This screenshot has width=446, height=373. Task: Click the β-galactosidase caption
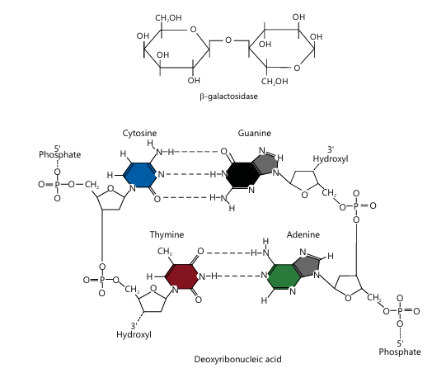[228, 97]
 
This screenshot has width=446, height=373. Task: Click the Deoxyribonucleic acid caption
[237, 359]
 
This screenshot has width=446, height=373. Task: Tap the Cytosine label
[139, 133]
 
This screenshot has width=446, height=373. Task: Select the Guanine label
[254, 133]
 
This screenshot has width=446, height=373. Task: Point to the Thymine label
[167, 234]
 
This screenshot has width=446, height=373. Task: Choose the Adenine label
[303, 234]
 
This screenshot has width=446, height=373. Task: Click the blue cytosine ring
[140, 175]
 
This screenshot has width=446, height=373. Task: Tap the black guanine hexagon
[243, 175]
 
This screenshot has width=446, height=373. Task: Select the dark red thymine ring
[181, 276]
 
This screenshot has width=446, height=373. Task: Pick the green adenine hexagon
[284, 276]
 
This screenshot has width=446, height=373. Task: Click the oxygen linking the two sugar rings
[228, 40]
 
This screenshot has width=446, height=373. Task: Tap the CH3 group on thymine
[165, 252]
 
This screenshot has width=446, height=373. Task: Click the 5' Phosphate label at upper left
[59, 152]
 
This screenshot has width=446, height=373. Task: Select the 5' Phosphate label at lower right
[400, 348]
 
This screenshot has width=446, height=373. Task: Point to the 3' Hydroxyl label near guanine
[331, 154]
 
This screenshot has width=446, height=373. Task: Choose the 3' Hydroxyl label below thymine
[134, 330]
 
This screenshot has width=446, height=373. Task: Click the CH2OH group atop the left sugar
[168, 18]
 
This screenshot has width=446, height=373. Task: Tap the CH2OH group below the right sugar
[275, 82]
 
